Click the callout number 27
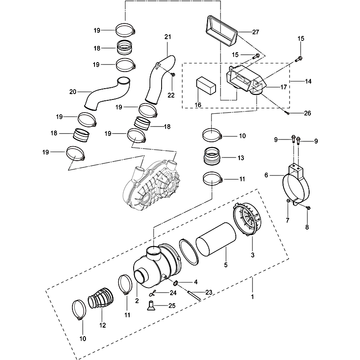coord(256,32)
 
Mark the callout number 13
coord(241,158)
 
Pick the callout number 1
coord(252,297)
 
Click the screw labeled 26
coord(287,113)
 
